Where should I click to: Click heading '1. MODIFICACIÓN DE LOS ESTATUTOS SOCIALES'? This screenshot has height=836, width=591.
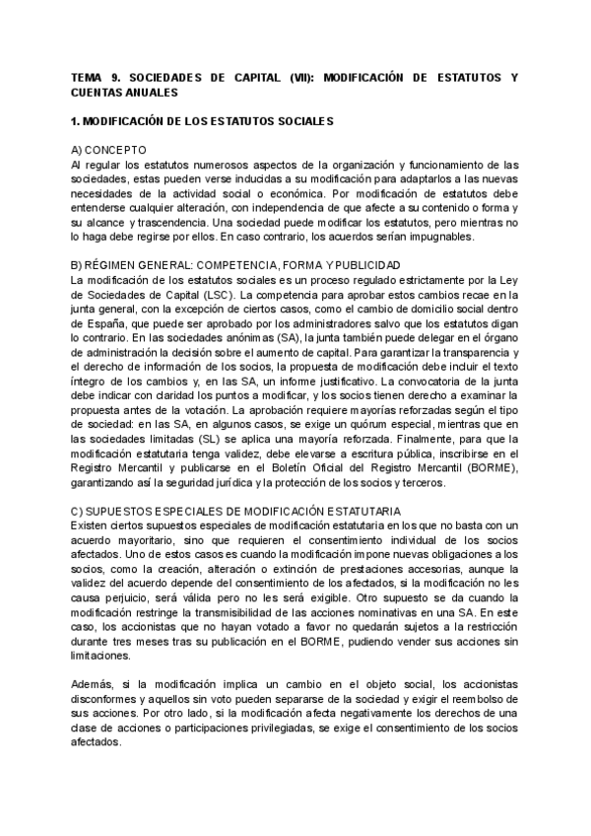pos(204,121)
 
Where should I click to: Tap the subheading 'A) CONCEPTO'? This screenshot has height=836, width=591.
pos(106,150)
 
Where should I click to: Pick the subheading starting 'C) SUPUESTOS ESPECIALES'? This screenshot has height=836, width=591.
pos(236,512)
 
